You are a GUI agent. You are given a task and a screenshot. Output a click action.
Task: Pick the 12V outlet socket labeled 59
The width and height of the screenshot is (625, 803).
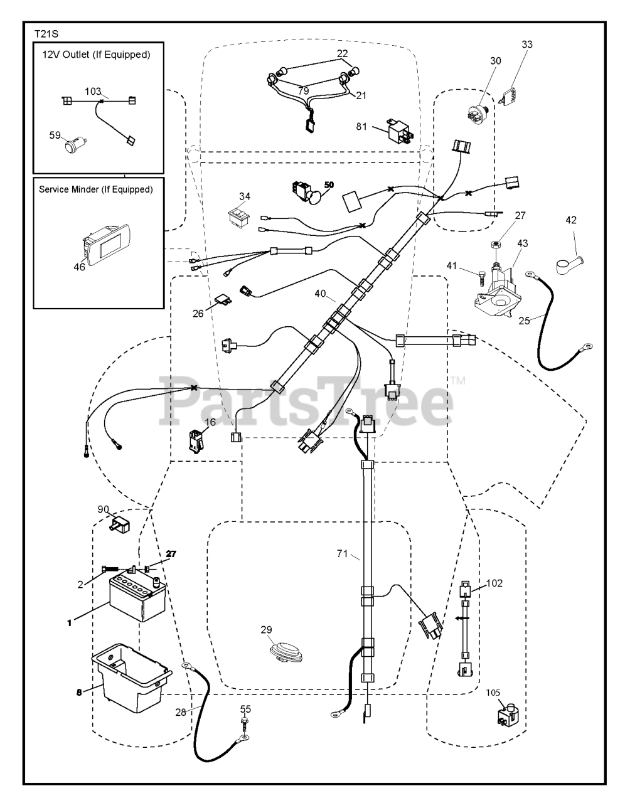tap(73, 146)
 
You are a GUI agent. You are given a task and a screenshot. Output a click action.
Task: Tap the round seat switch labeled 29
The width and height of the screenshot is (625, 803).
tap(285, 651)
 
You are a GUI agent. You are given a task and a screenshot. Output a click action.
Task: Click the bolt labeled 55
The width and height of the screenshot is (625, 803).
tap(245, 729)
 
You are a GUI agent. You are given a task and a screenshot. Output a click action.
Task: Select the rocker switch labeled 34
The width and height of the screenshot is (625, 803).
tap(240, 218)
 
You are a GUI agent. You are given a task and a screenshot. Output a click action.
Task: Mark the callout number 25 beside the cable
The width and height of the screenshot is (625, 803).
tap(525, 320)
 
